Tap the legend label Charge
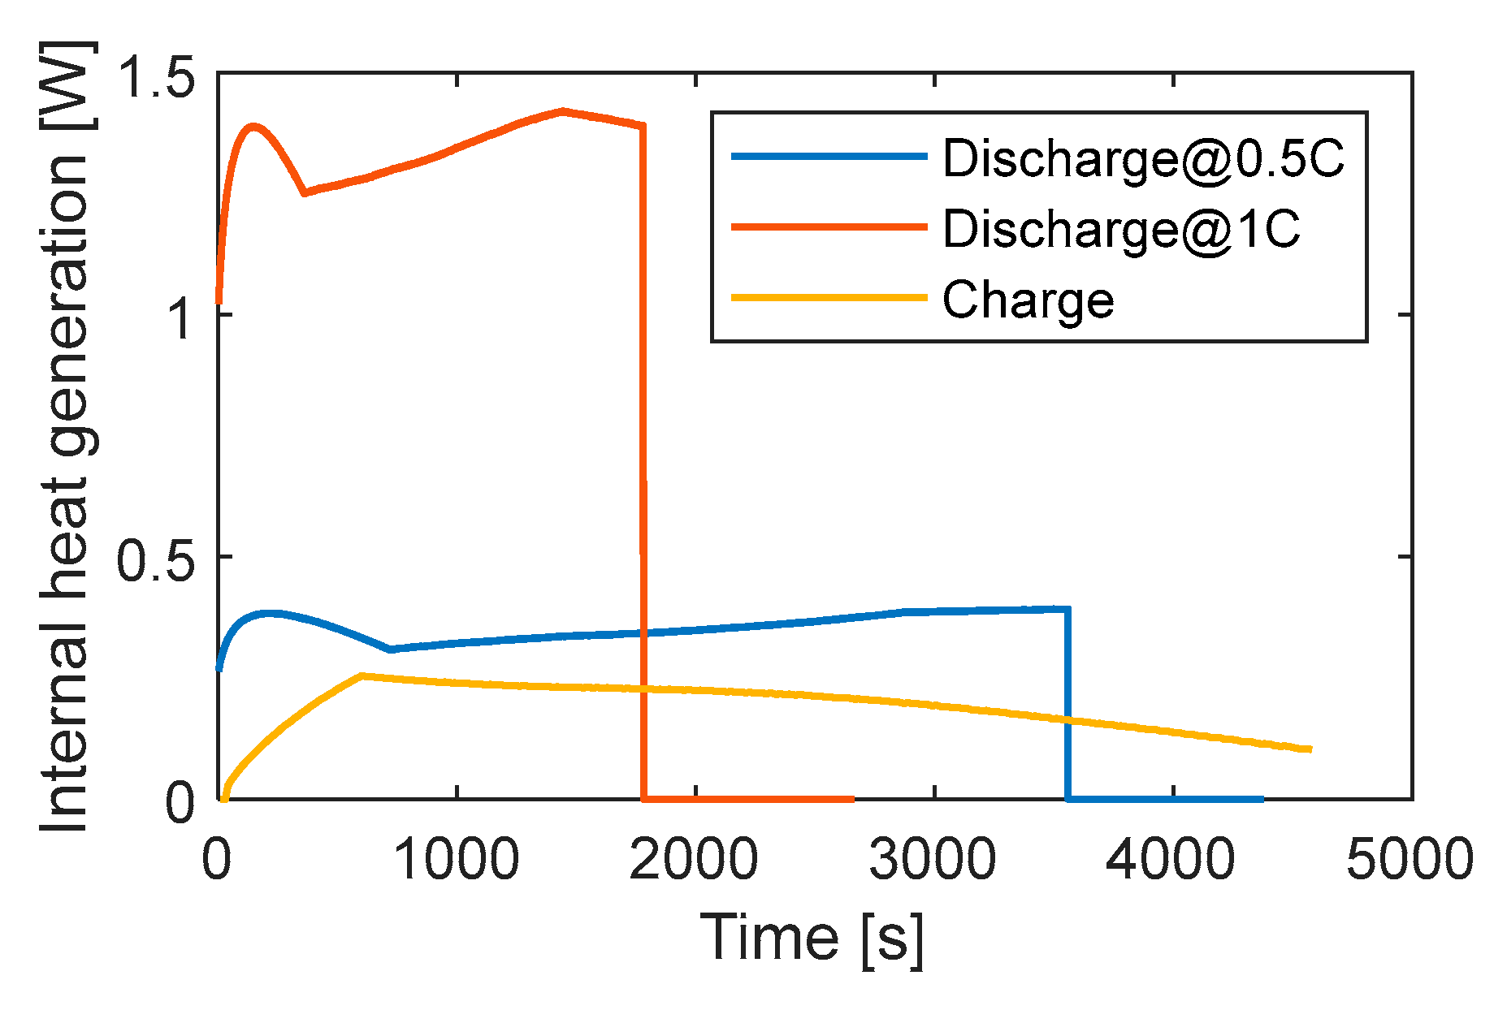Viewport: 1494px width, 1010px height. click(1028, 300)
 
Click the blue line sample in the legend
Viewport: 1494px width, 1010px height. click(829, 156)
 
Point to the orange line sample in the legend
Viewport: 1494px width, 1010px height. click(829, 227)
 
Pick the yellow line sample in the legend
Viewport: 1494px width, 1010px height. click(829, 297)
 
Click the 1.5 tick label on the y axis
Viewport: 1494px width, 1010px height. click(156, 75)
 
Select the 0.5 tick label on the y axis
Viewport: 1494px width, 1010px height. click(156, 559)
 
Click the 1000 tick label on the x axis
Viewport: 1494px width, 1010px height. click(457, 859)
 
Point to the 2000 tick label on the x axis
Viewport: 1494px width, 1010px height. click(695, 859)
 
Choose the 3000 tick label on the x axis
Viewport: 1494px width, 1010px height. click(933, 859)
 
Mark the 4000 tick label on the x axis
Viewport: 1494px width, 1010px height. click(1171, 859)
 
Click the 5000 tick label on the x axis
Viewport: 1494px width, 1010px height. click(1410, 859)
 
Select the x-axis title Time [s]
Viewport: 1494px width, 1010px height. click(812, 939)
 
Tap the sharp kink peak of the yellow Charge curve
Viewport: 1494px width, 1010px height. click(362, 675)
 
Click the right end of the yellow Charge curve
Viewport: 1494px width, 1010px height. click(1310, 749)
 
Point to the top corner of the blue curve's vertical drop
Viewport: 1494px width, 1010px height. click(1067, 608)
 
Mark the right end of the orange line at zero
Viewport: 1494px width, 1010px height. click(853, 799)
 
